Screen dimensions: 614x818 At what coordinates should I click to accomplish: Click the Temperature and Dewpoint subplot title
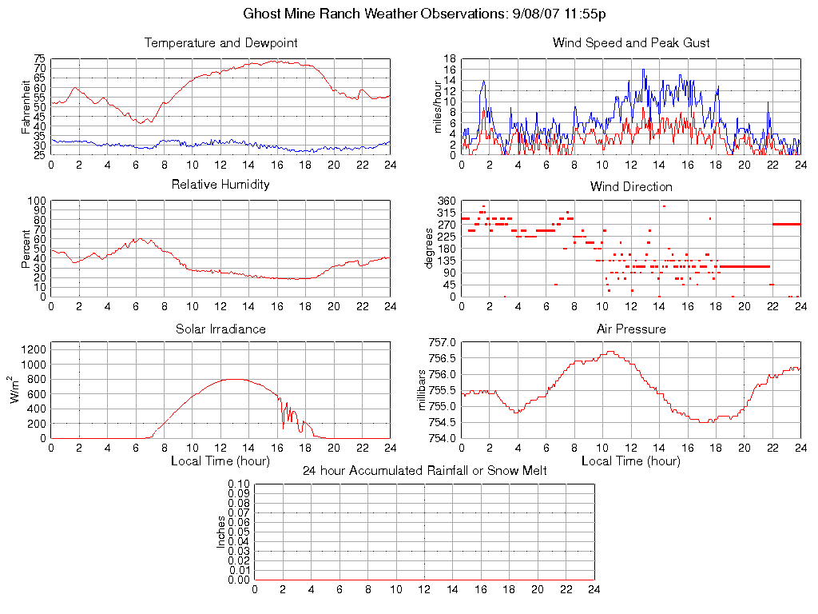click(x=220, y=42)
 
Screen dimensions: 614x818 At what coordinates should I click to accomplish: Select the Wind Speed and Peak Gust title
click(x=631, y=42)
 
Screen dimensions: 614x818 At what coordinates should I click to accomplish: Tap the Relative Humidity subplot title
click(x=220, y=185)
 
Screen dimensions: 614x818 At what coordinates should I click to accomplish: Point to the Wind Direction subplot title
click(x=631, y=186)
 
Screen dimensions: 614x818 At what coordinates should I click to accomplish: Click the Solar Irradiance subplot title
click(x=220, y=329)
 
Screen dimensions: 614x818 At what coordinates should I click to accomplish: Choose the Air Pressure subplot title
click(x=631, y=329)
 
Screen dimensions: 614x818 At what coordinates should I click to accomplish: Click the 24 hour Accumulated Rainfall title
click(x=424, y=471)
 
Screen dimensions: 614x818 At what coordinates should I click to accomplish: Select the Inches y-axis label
click(x=221, y=532)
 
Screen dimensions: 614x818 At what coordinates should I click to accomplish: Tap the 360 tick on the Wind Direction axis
click(x=447, y=201)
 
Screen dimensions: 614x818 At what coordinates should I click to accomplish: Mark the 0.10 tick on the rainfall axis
click(x=239, y=484)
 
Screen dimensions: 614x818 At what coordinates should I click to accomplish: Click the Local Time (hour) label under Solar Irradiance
click(x=220, y=460)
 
